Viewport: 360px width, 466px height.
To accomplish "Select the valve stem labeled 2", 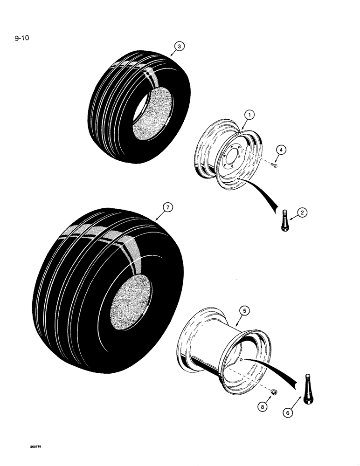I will coord(285,219).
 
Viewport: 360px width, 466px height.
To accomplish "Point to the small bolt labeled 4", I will coord(275,164).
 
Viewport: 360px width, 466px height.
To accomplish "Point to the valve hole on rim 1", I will coord(237,178).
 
